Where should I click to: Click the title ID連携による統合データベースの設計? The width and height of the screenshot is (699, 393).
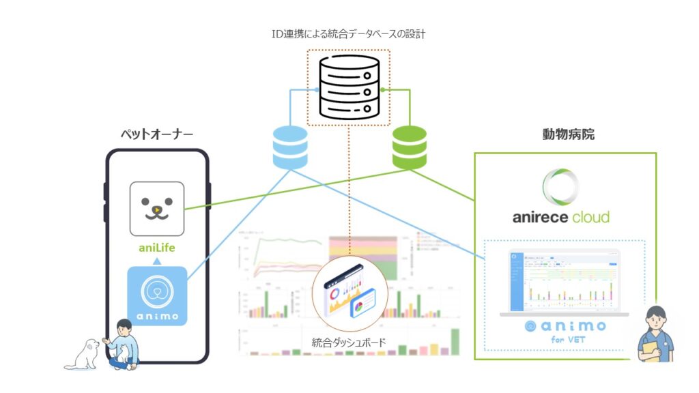(x=348, y=33)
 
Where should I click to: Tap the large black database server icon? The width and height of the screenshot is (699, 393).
(x=348, y=87)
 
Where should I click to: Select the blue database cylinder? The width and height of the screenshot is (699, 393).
(x=290, y=147)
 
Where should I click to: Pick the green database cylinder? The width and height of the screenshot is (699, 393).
(x=409, y=147)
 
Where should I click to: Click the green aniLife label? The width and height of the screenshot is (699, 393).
(x=157, y=247)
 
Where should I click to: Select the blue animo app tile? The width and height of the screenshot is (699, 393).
(x=157, y=295)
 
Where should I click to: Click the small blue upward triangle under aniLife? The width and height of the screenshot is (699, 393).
(x=157, y=260)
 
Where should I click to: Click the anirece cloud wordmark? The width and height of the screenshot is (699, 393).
(x=561, y=218)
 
